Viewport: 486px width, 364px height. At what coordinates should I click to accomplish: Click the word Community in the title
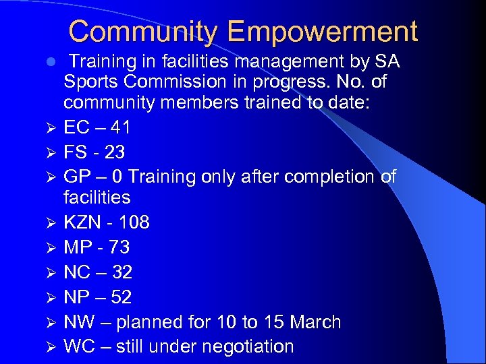(144, 32)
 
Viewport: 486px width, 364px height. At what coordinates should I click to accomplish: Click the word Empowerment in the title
(323, 32)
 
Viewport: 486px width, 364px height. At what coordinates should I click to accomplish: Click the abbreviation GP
(76, 177)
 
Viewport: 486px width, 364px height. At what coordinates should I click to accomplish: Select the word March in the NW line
(316, 322)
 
